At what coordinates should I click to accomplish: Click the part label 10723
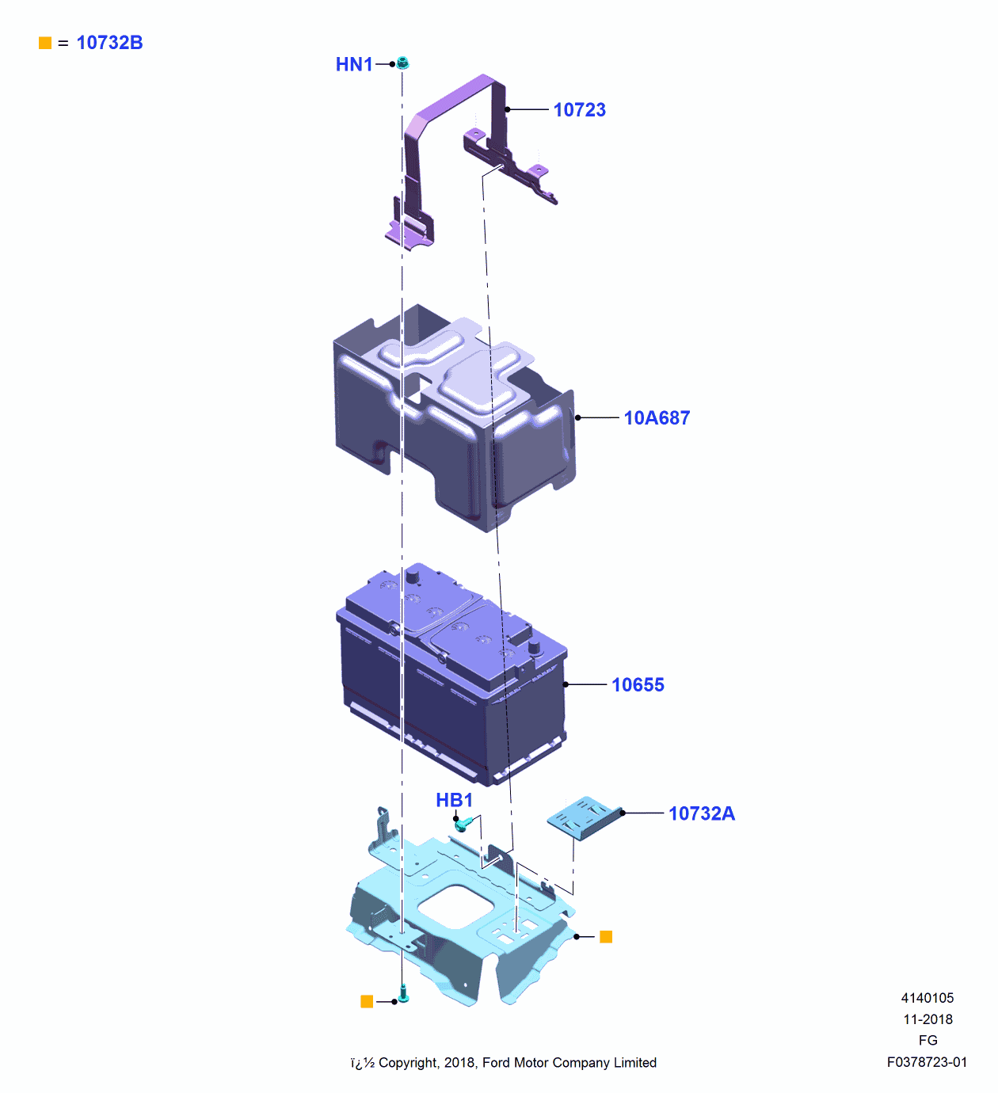[579, 110]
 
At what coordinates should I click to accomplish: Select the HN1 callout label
[354, 64]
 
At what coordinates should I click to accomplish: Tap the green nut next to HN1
[402, 63]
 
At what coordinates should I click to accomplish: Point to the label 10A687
[657, 418]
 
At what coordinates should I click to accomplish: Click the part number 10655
[638, 685]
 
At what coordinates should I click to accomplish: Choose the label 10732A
[701, 813]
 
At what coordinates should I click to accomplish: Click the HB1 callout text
[454, 800]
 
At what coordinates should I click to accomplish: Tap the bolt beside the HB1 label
[462, 825]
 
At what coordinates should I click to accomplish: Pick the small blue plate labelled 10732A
[585, 817]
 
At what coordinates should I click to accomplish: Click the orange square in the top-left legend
[45, 43]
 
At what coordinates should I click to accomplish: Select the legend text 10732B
[109, 43]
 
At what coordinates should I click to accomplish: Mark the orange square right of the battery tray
[606, 937]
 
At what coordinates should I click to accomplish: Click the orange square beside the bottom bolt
[367, 1002]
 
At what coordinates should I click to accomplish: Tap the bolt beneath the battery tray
[402, 993]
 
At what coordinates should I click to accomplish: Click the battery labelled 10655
[451, 673]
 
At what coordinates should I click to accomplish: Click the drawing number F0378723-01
[927, 1062]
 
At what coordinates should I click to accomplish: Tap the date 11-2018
[928, 1019]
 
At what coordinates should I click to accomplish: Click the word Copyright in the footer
[407, 1063]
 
